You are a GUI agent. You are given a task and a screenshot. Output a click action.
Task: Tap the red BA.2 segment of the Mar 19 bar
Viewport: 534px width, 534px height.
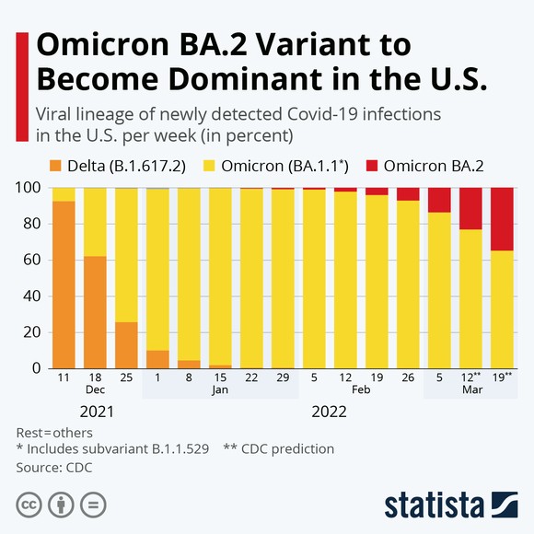[502, 218]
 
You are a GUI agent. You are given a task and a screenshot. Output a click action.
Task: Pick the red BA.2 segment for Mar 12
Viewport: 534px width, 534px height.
[470, 208]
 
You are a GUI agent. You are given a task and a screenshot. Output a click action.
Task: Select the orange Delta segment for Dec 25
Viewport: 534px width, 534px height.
[126, 344]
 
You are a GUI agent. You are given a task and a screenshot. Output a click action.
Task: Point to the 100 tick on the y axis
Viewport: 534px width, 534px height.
[29, 188]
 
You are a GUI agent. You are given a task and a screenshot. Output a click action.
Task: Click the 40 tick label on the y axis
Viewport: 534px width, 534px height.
[33, 296]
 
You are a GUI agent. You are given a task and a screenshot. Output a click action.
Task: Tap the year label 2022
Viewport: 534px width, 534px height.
[330, 411]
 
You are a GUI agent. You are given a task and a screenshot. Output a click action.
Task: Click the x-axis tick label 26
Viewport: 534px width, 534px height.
[408, 377]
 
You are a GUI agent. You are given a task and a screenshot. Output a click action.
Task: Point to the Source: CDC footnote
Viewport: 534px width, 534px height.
[54, 467]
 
